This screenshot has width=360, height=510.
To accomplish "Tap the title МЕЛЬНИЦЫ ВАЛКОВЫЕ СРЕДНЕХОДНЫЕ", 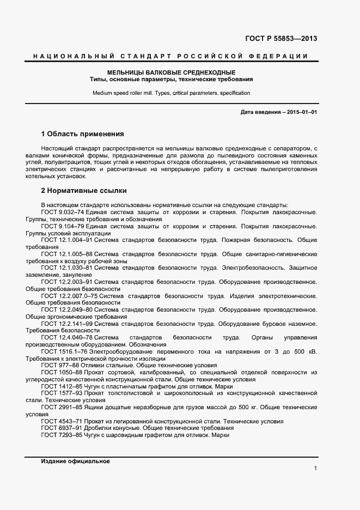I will pyautogui.click(x=171, y=72).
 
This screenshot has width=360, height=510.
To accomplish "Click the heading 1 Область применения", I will pyautogui.click(x=83, y=133).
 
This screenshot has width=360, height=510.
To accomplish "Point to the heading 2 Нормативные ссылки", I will pyautogui.click(x=84, y=191).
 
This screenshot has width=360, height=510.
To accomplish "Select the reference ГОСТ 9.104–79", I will pyautogui.click(x=59, y=226).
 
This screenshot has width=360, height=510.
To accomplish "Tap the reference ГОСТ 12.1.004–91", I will pyautogui.click(x=64, y=240).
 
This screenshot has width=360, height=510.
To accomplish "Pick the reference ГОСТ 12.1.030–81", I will pyautogui.click(x=64, y=268).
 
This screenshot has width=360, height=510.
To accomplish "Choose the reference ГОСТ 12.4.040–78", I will pyautogui.click(x=64, y=338).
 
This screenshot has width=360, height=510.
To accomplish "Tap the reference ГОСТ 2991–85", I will pyautogui.click(x=58, y=407).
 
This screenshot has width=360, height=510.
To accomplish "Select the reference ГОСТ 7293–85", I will pyautogui.click(x=58, y=435).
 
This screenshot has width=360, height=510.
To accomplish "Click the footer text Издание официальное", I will pyautogui.click(x=75, y=461).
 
